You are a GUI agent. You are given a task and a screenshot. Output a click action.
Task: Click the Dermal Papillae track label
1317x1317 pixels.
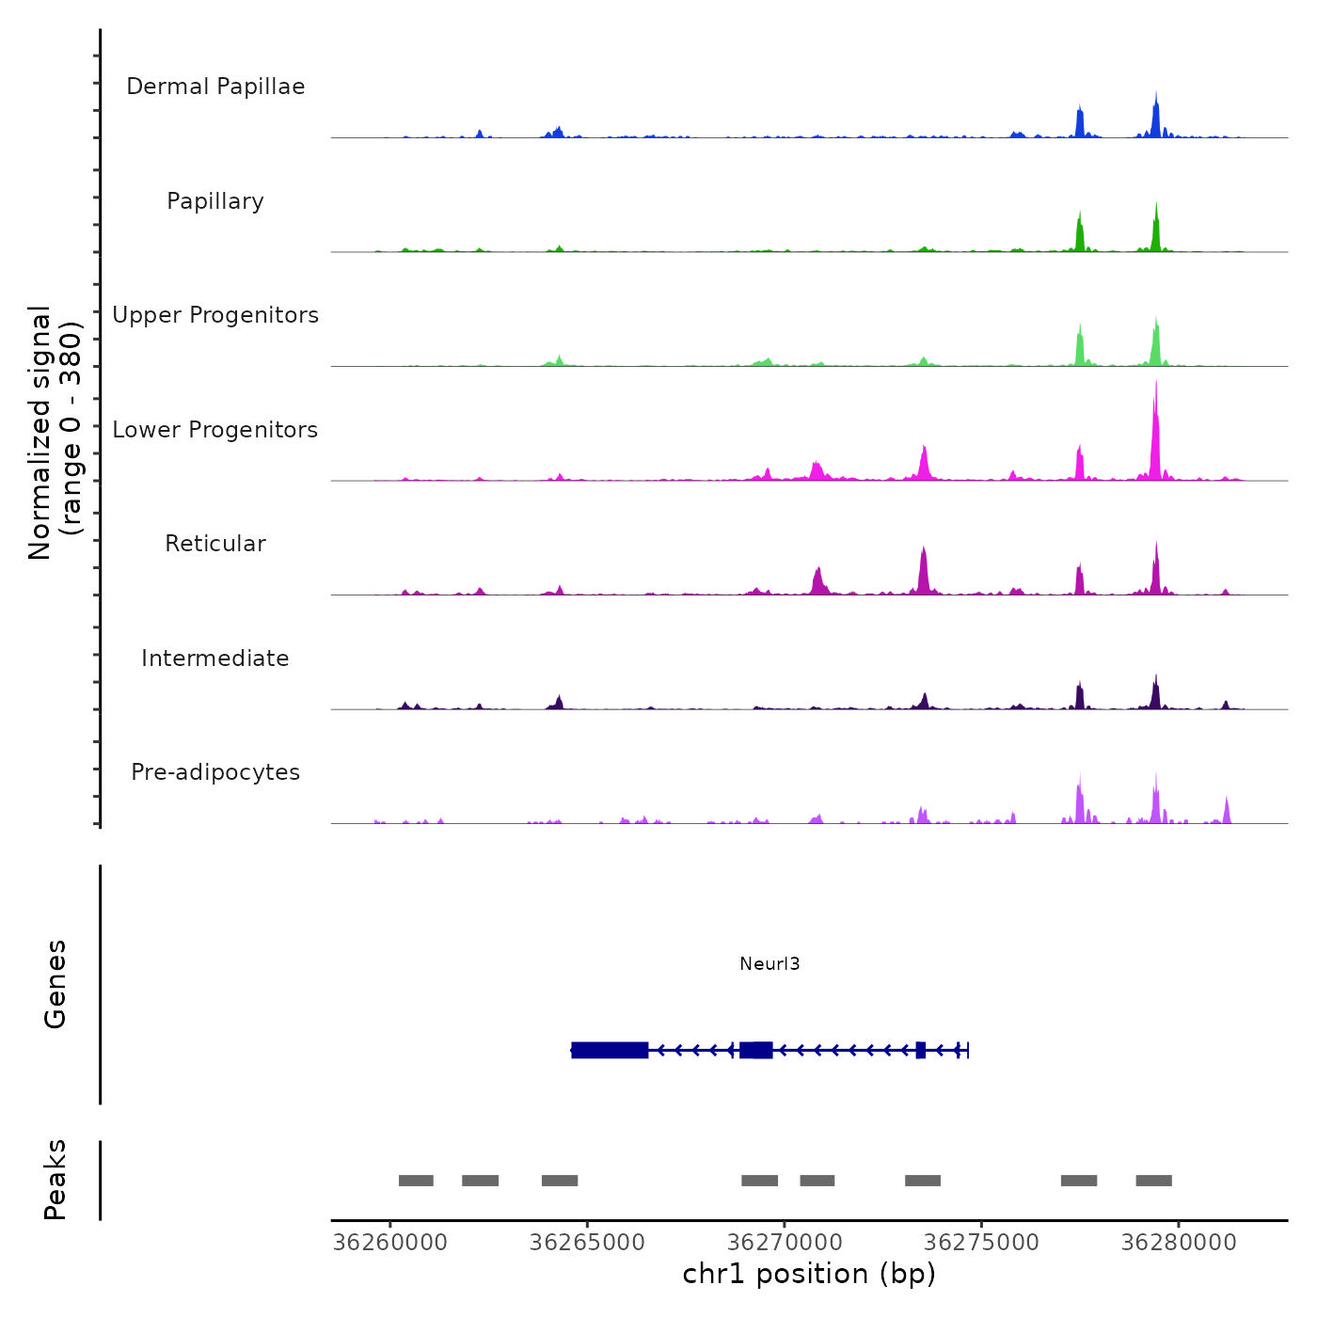pyautogui.click(x=215, y=87)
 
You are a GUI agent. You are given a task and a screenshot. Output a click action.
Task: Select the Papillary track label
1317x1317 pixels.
pyautogui.click(x=215, y=201)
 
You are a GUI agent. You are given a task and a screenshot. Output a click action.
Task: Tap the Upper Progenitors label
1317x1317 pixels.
pyautogui.click(x=215, y=315)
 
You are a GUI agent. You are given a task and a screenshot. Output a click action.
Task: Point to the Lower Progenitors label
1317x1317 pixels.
pyautogui.click(x=215, y=430)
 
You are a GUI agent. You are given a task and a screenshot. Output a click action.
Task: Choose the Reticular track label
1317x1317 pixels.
pyautogui.click(x=215, y=544)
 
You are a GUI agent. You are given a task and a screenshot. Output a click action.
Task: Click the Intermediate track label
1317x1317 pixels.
pyautogui.click(x=215, y=658)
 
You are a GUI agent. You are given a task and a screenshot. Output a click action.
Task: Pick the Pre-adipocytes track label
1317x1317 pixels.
pyautogui.click(x=215, y=772)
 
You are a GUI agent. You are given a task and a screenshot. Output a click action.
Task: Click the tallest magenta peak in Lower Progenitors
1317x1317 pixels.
pyautogui.click(x=1155, y=433)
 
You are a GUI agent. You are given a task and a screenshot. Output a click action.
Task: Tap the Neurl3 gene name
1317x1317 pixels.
pyautogui.click(x=770, y=963)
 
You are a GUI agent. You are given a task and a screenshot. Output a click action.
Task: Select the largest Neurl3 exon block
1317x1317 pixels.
pyautogui.click(x=610, y=1050)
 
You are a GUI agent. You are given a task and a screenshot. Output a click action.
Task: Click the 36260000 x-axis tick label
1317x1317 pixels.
pyautogui.click(x=390, y=1243)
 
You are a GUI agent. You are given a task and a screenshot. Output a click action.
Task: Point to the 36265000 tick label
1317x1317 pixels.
pyautogui.click(x=587, y=1243)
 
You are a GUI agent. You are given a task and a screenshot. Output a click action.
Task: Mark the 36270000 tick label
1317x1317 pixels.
pyautogui.click(x=785, y=1243)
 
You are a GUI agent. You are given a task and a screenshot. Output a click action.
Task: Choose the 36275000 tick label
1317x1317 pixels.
pyautogui.click(x=981, y=1243)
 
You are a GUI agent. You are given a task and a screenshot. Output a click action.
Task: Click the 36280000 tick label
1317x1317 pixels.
pyautogui.click(x=1179, y=1243)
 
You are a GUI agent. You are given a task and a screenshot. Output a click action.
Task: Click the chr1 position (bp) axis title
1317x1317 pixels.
pyautogui.click(x=809, y=1274)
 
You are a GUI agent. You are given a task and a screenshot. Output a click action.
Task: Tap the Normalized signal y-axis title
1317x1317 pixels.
pyautogui.click(x=55, y=432)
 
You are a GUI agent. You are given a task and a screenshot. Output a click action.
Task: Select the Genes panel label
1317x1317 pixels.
pyautogui.click(x=56, y=984)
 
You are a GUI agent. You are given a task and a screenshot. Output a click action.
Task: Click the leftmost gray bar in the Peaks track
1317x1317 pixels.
pyautogui.click(x=416, y=1181)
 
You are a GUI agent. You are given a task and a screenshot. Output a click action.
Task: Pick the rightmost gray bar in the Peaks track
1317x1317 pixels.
pyautogui.click(x=1153, y=1181)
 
